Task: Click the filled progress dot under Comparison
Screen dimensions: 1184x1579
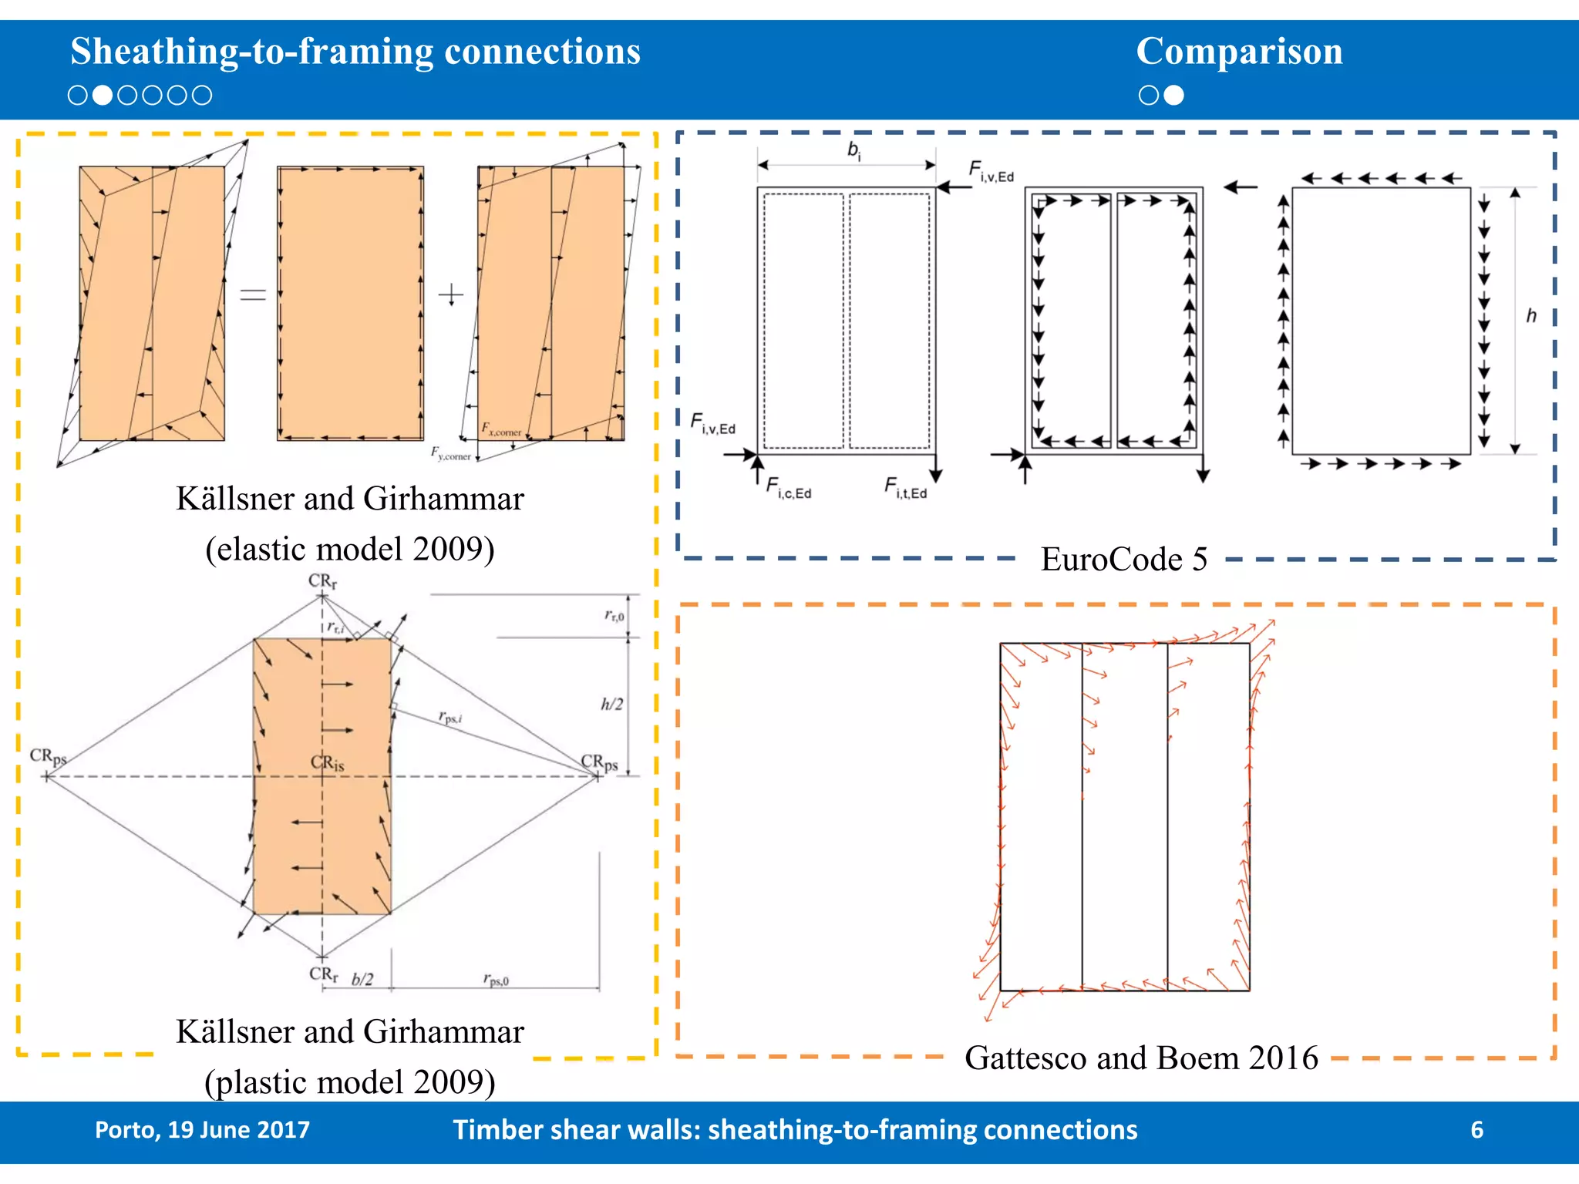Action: (x=1173, y=95)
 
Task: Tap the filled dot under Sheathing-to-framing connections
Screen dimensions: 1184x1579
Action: (x=102, y=95)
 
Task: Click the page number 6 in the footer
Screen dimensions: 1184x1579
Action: (x=1476, y=1129)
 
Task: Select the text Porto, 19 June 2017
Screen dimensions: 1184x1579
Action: (x=202, y=1129)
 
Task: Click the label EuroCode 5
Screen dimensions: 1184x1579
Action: (x=1123, y=559)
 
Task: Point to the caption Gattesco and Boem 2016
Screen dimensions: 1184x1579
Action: (x=1141, y=1058)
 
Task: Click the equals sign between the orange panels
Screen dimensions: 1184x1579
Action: (x=253, y=294)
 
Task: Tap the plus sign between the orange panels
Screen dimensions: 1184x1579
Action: (x=451, y=294)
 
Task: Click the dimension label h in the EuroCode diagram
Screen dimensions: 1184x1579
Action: (x=1531, y=316)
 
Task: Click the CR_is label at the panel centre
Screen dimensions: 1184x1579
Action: (x=327, y=763)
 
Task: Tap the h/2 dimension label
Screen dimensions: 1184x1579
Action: (x=611, y=704)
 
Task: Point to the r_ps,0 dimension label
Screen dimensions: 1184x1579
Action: (x=496, y=979)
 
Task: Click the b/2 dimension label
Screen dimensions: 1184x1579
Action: (x=362, y=979)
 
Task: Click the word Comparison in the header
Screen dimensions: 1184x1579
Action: (x=1239, y=52)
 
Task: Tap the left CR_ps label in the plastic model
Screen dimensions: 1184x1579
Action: (x=48, y=756)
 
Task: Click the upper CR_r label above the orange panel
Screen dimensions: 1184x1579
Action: (x=322, y=580)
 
